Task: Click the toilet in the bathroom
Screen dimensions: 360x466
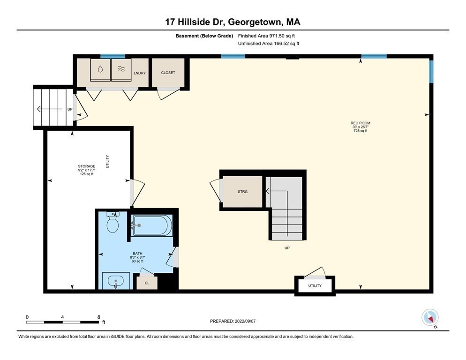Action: point(113,223)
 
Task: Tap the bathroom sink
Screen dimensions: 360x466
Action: point(116,282)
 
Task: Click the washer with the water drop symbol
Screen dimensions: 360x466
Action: point(100,69)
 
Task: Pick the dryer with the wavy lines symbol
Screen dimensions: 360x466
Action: point(121,69)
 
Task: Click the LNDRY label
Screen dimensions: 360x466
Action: point(139,73)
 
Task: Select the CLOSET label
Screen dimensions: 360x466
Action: point(168,73)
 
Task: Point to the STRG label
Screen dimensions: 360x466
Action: point(242,192)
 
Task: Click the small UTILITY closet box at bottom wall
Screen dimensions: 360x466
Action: point(315,285)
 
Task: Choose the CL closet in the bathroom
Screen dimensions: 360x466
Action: point(147,283)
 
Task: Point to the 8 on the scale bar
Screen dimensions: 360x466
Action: point(98,317)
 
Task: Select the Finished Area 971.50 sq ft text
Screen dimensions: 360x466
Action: point(267,36)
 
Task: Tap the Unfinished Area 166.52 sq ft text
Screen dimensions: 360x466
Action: point(269,43)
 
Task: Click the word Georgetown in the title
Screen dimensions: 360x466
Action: point(256,22)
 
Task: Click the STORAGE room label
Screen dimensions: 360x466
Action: point(87,166)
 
